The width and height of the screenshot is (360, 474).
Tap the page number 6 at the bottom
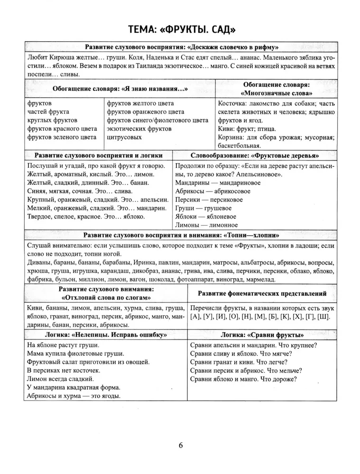click(x=181, y=445)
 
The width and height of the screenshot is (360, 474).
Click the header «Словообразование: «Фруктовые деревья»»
click(x=254, y=155)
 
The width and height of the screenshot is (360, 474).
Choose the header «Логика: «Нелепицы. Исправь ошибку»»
click(x=106, y=334)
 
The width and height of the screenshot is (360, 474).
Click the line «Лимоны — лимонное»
click(x=206, y=225)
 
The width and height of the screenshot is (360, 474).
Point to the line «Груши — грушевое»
click(x=203, y=208)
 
